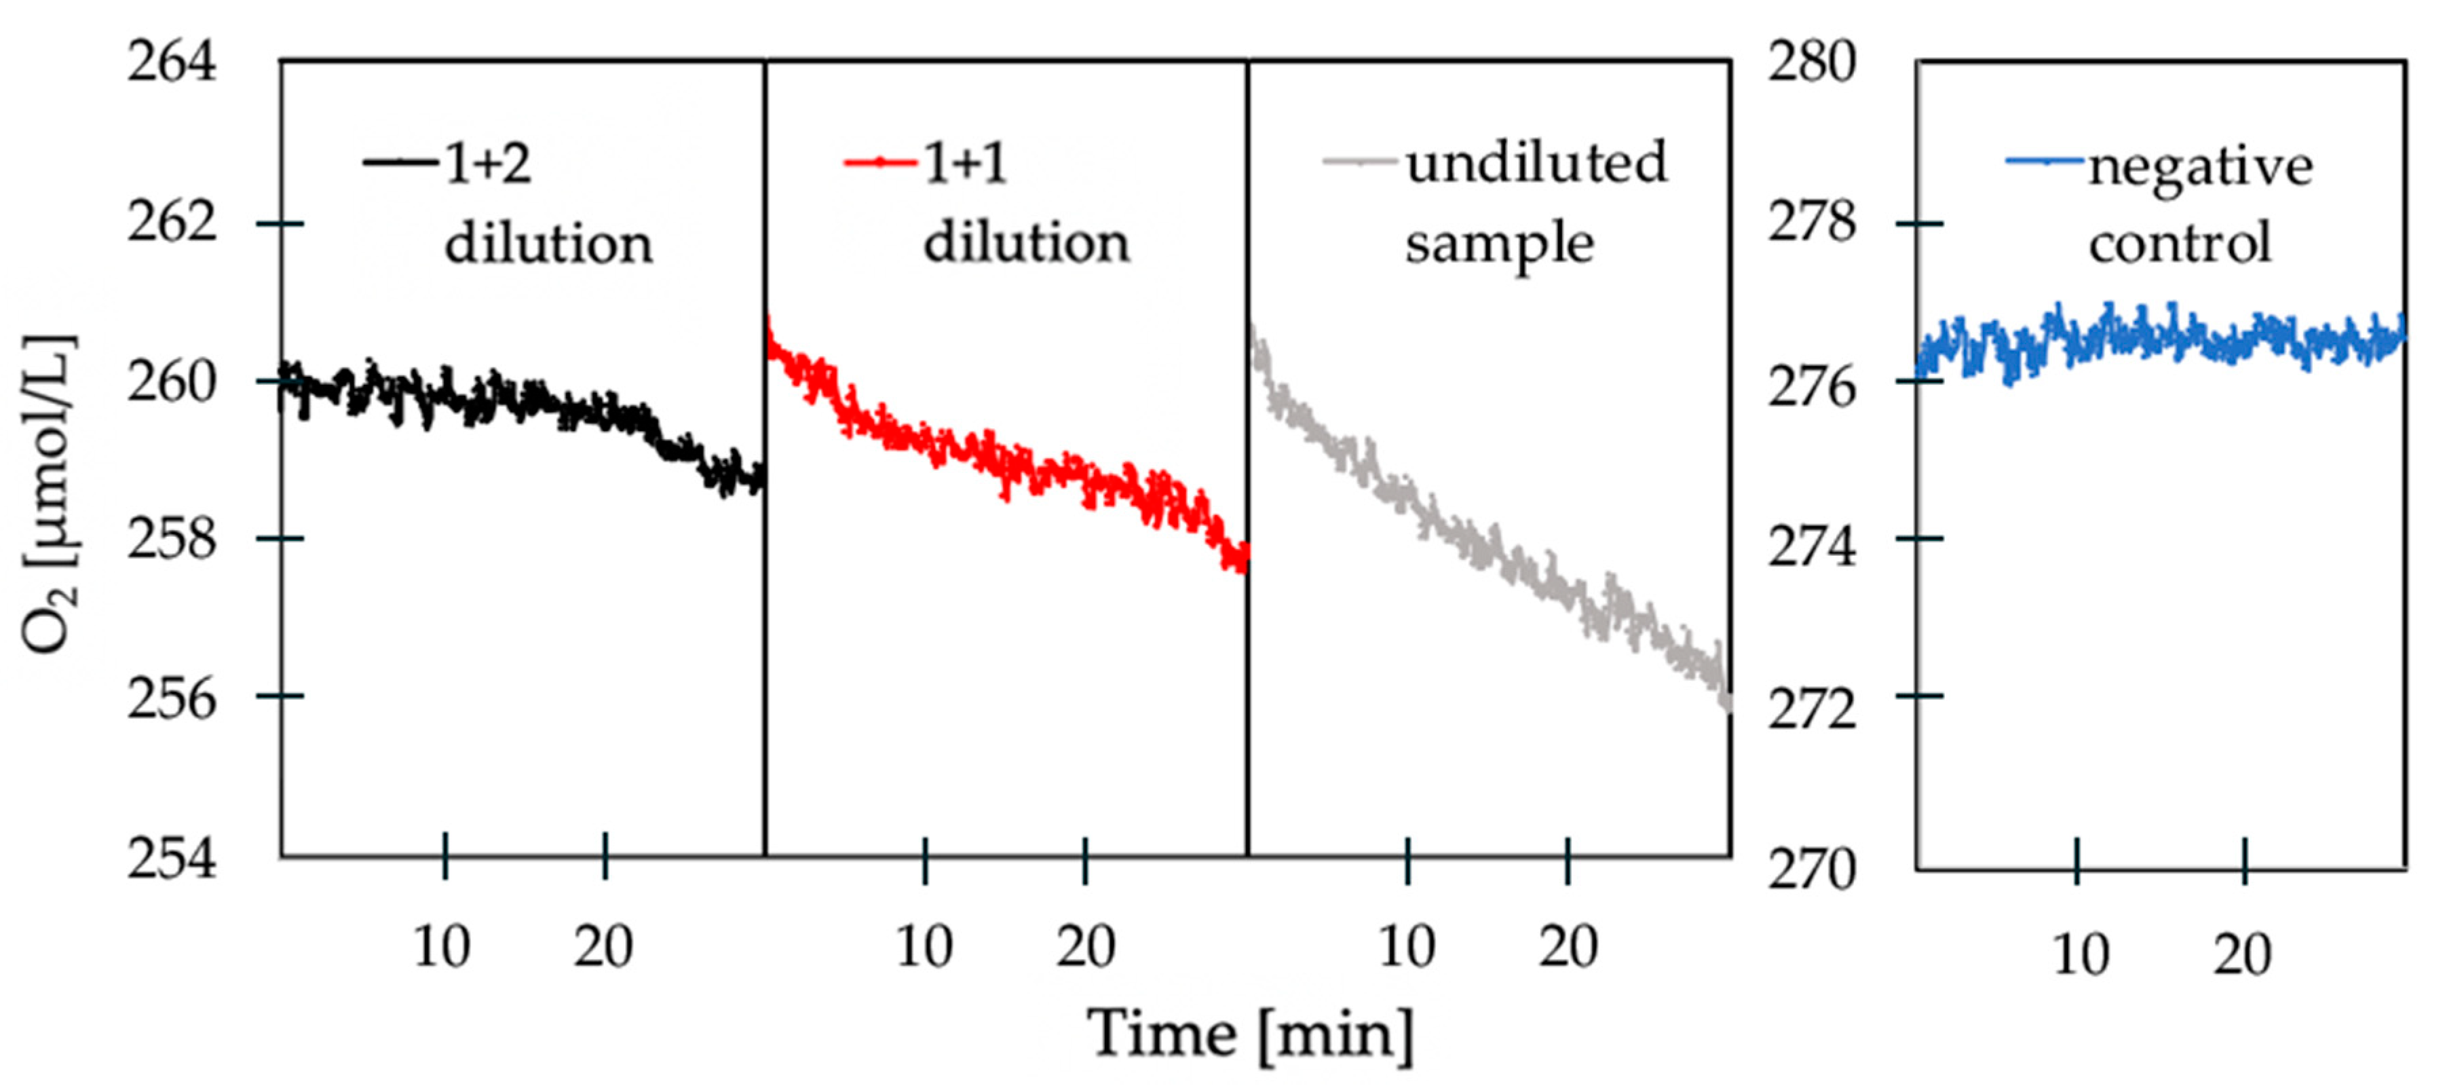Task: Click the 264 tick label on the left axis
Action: click(172, 64)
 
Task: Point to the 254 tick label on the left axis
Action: click(172, 859)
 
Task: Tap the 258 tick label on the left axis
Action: click(172, 540)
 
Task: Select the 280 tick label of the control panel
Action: click(1811, 64)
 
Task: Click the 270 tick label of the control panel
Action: click(1811, 869)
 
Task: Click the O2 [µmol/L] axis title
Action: click(50, 493)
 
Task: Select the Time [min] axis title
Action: click(1250, 1034)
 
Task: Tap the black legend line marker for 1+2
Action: click(400, 162)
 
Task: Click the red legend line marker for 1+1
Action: click(880, 162)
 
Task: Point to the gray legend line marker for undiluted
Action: click(1359, 162)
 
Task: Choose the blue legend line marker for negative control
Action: click(2045, 162)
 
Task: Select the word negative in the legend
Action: click(2200, 168)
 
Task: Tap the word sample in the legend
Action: click(1500, 245)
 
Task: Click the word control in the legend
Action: click(2180, 243)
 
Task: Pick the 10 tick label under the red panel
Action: click(924, 947)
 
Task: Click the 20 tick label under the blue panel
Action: click(2242, 954)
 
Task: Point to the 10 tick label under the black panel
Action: click(441, 947)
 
